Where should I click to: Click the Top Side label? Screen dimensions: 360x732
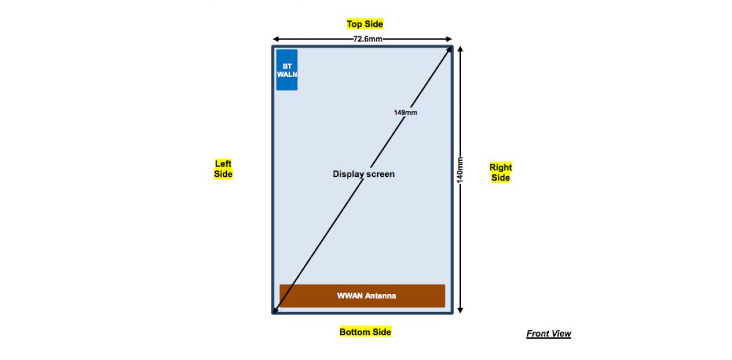(x=365, y=24)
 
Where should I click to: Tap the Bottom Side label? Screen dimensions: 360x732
(x=365, y=332)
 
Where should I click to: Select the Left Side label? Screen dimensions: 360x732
(x=223, y=169)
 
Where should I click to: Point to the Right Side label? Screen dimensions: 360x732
(x=501, y=172)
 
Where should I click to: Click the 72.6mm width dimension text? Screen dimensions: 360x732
(x=368, y=39)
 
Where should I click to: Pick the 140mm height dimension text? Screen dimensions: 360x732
(x=461, y=169)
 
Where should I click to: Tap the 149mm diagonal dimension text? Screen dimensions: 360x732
(x=406, y=112)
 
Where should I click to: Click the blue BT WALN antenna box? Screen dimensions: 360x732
(x=287, y=70)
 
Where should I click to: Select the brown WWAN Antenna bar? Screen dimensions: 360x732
(x=362, y=296)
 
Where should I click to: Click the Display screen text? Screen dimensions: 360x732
(x=364, y=174)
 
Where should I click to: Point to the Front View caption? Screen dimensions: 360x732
(x=548, y=334)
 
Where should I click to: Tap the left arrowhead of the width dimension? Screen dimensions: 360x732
(x=275, y=38)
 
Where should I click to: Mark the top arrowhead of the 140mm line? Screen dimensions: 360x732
(x=461, y=49)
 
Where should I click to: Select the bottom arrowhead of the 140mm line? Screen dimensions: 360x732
(x=461, y=309)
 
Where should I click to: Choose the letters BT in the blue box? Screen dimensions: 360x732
(x=287, y=65)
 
